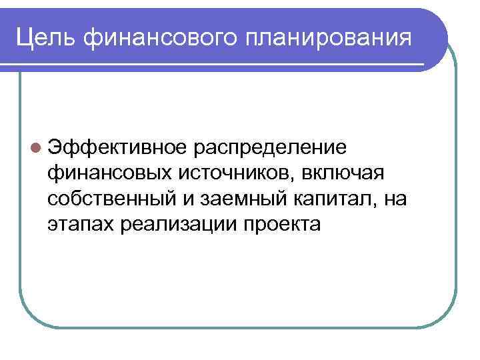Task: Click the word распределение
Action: pyautogui.click(x=269, y=147)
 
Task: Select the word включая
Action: pyautogui.click(x=344, y=173)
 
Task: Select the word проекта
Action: pyautogui.click(x=283, y=225)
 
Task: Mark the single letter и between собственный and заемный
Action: pyautogui.click(x=183, y=199)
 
